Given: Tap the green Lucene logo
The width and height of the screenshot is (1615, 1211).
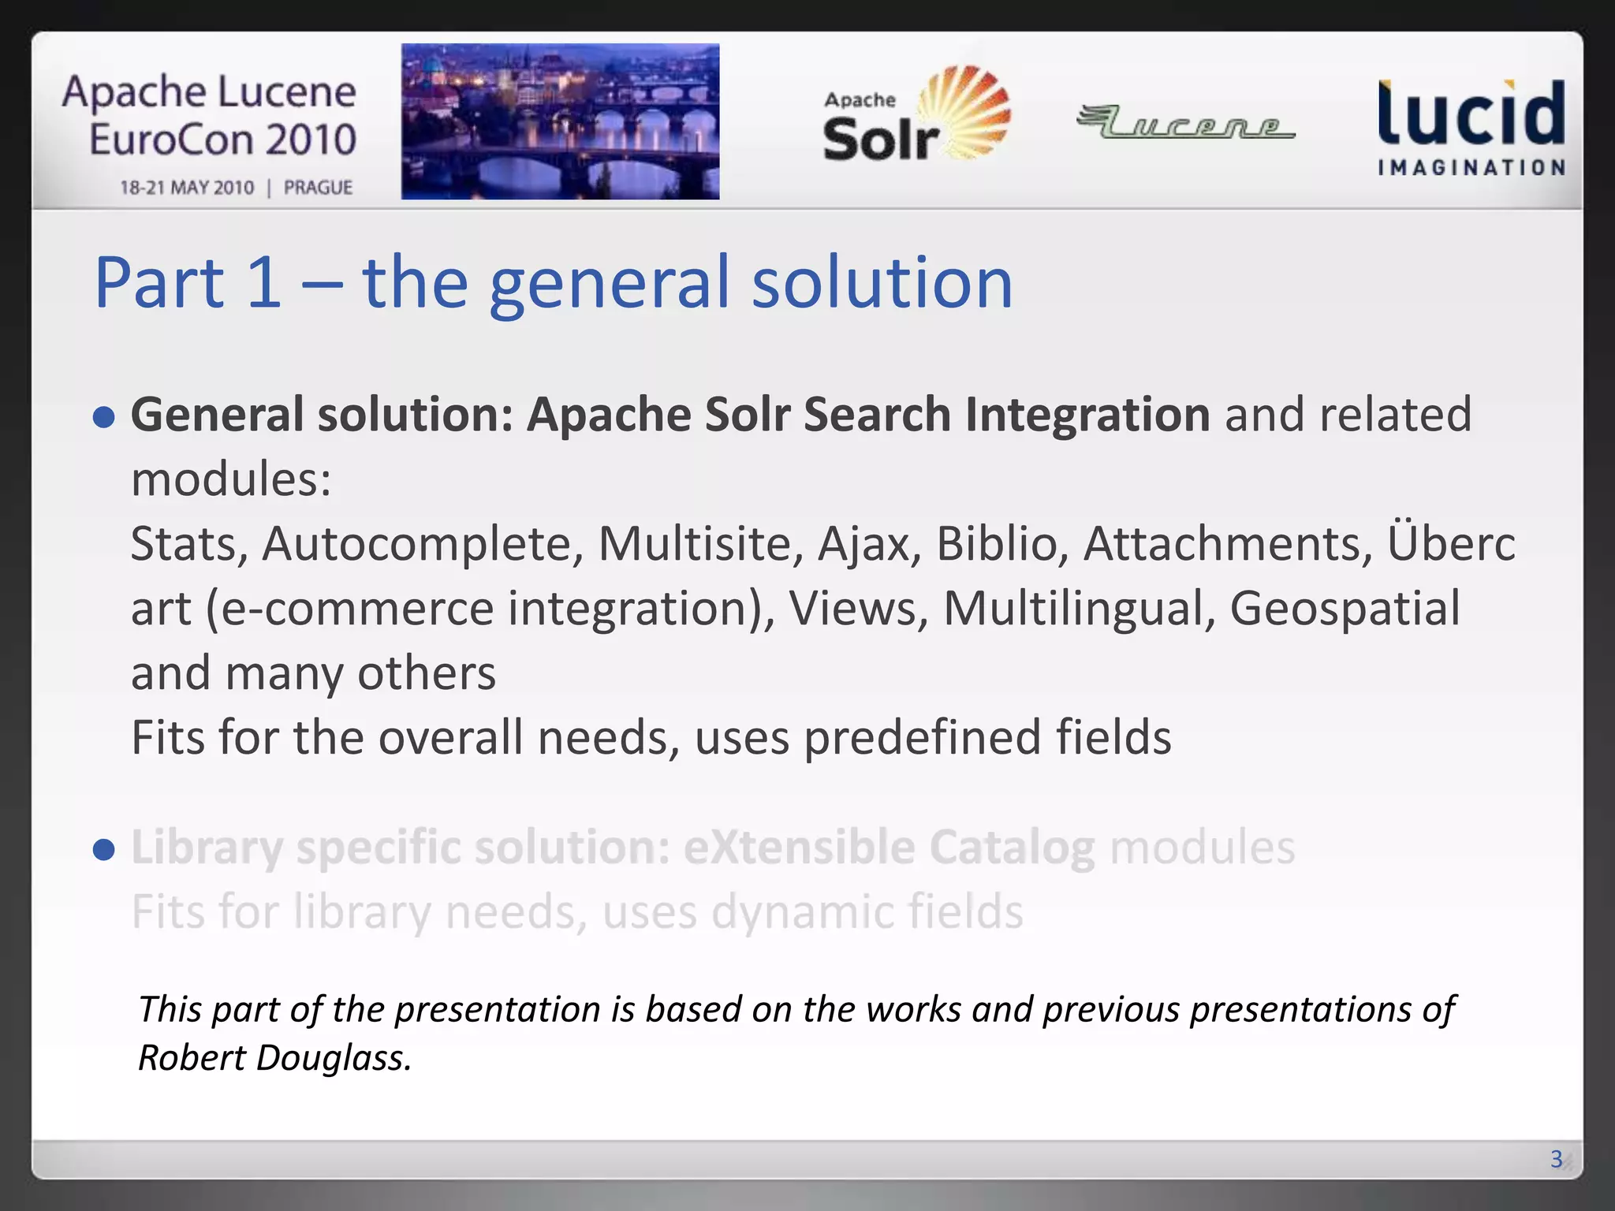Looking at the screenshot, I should coord(1185,122).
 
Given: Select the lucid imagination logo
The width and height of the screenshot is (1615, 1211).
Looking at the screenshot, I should coord(1471,126).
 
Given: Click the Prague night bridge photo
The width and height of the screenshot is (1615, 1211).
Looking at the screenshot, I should coord(560,121).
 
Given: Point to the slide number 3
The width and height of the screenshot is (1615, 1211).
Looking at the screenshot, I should coord(1556,1158).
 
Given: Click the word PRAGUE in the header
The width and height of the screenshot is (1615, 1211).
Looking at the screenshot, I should coord(318,188).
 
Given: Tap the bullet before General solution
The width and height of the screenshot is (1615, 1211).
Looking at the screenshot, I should coord(104,416).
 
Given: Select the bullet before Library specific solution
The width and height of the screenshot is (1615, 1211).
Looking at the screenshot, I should coord(104,849).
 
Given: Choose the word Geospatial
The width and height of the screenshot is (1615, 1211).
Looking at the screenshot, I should coord(1345,609).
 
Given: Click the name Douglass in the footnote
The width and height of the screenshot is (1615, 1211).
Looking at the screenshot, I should coord(334,1057).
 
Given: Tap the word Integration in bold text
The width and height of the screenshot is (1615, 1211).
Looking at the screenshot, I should coord(1087,415).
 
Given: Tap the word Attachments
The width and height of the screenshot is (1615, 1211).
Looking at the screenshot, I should coord(1227,544).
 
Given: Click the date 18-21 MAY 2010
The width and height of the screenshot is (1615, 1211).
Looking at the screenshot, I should coord(187,188).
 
